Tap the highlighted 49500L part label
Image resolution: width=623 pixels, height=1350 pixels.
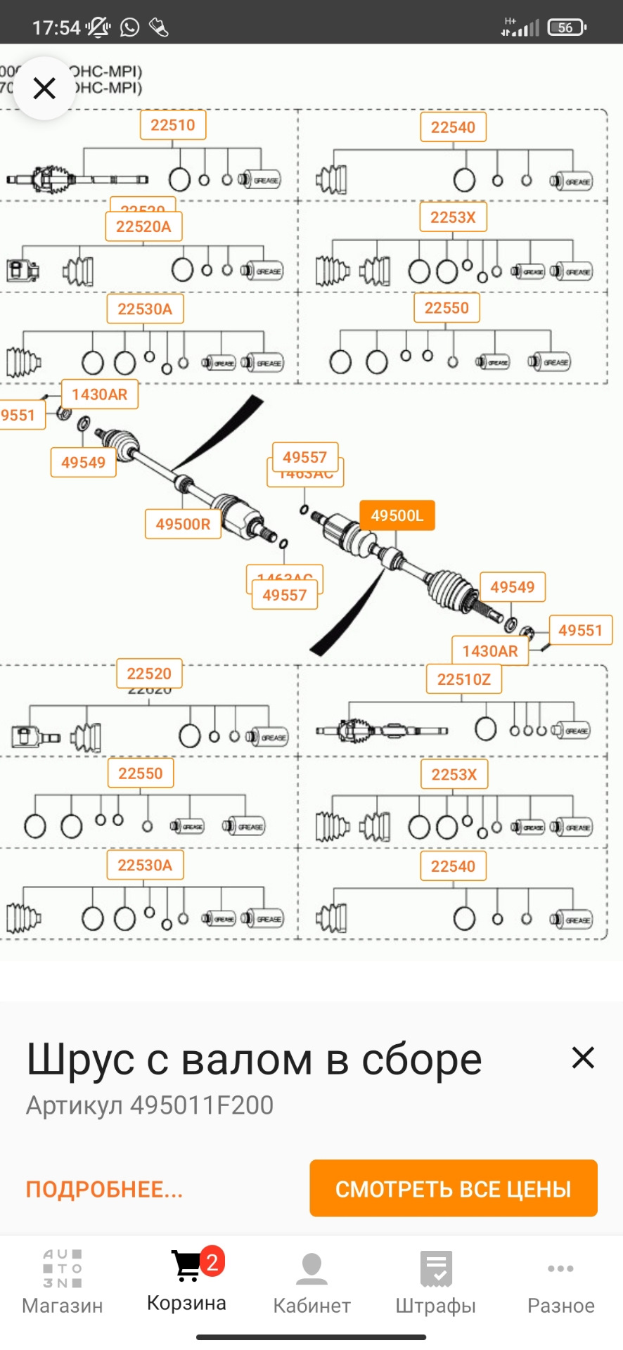pyautogui.click(x=397, y=515)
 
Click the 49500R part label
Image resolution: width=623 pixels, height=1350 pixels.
pyautogui.click(x=183, y=524)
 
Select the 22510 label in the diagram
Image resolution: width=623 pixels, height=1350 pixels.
pyautogui.click(x=173, y=125)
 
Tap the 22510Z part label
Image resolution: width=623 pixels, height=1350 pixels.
pyautogui.click(x=464, y=679)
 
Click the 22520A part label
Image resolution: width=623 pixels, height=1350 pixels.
pyautogui.click(x=143, y=226)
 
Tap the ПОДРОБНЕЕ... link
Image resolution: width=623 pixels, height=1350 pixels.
pyautogui.click(x=105, y=1189)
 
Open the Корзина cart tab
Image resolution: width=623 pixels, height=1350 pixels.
pyautogui.click(x=186, y=1280)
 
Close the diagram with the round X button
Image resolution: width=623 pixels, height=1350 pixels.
pyautogui.click(x=44, y=89)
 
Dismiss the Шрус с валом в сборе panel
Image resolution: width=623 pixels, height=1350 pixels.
pyautogui.click(x=583, y=1057)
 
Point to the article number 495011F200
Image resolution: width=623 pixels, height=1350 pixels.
pyautogui.click(x=202, y=1105)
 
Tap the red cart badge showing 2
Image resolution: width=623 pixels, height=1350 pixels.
pyautogui.click(x=212, y=1262)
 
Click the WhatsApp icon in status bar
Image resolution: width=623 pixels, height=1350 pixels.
pyautogui.click(x=130, y=27)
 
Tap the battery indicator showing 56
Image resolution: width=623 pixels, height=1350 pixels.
pyautogui.click(x=566, y=27)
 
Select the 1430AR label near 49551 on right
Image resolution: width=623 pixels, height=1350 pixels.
pyautogui.click(x=490, y=651)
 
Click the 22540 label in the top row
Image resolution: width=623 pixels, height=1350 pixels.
pyautogui.click(x=454, y=127)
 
